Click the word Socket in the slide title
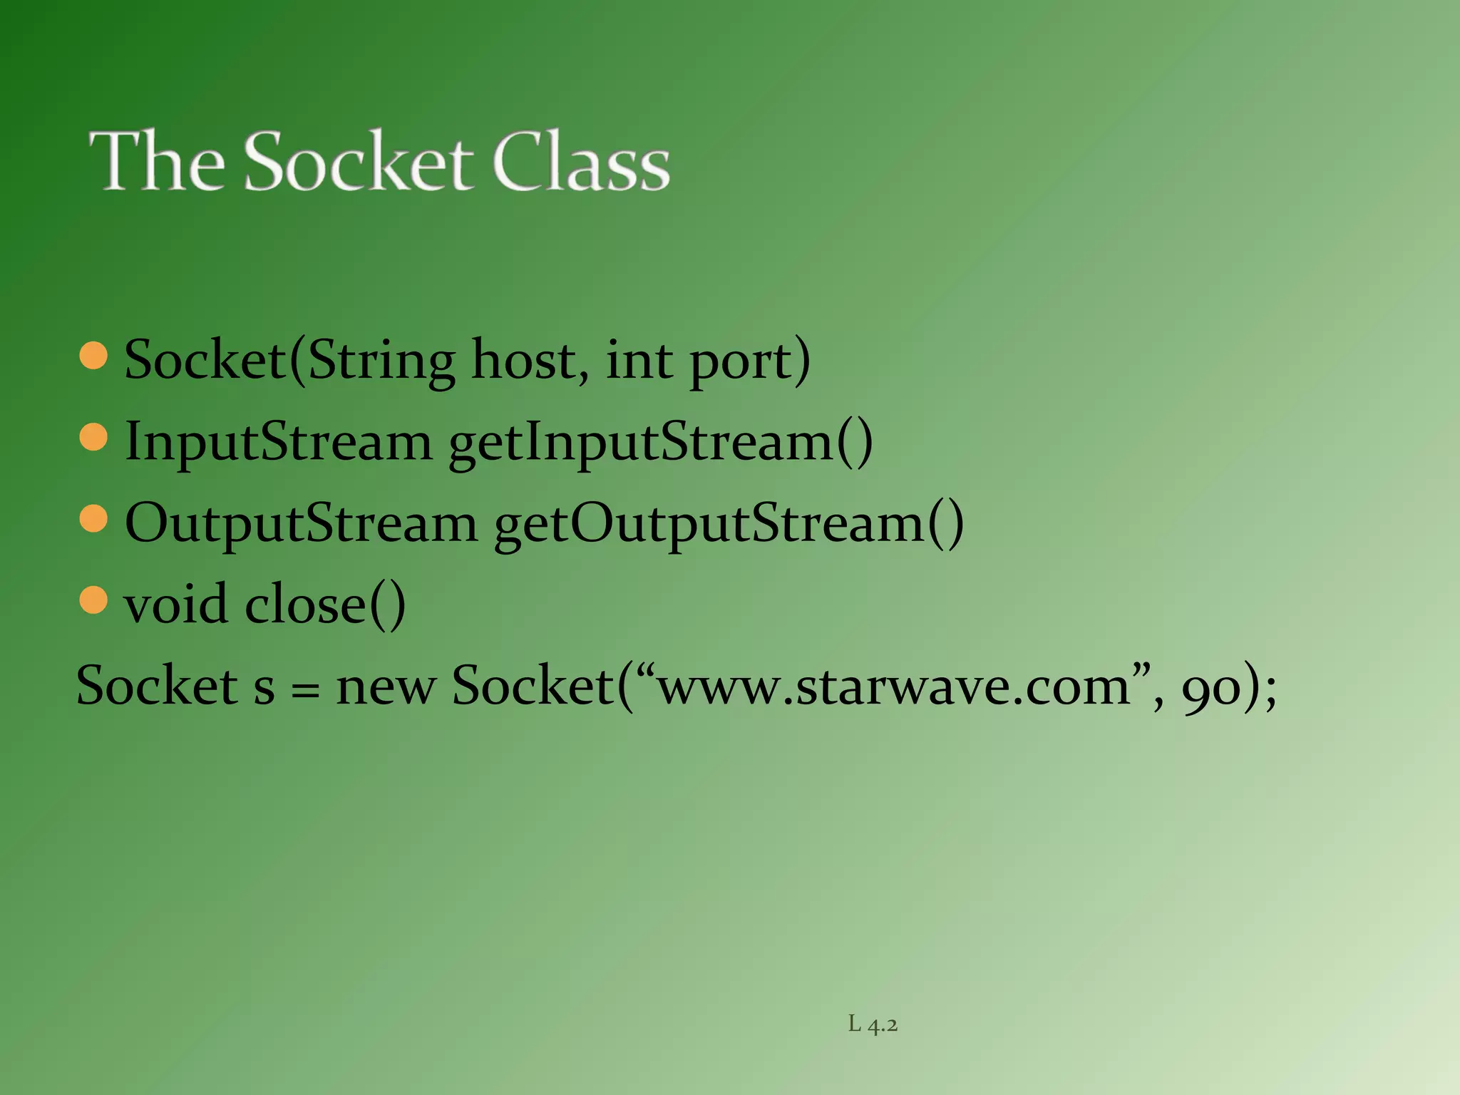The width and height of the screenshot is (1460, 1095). click(x=358, y=162)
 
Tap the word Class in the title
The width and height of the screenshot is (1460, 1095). click(x=581, y=162)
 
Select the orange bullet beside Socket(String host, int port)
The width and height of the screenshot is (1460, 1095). click(x=93, y=356)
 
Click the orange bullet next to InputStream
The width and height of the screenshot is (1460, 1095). click(x=93, y=437)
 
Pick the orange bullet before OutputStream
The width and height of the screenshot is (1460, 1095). click(x=93, y=519)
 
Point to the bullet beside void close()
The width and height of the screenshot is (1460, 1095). click(x=93, y=600)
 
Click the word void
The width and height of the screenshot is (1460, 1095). click(x=175, y=605)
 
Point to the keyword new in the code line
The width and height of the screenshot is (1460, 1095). click(x=386, y=688)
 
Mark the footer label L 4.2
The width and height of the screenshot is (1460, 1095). click(x=873, y=1024)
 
